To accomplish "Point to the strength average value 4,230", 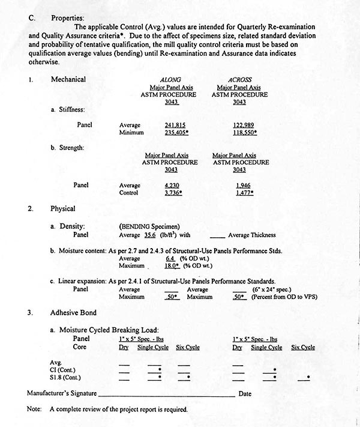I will point(172,186).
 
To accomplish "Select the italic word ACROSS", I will point(239,79).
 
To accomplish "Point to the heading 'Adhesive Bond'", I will point(73,312).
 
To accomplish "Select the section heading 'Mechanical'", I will point(68,79).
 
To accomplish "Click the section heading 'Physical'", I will point(62,209).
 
